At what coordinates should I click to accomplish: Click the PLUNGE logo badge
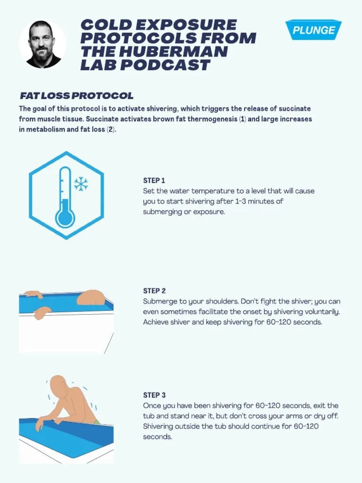coord(313,30)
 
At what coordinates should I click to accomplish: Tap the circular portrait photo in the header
coord(42,44)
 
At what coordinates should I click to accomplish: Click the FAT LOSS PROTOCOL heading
coord(76,96)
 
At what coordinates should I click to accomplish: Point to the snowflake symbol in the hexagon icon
coord(81,184)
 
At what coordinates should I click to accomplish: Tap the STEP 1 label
coord(154,181)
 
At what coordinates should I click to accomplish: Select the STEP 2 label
coord(154,291)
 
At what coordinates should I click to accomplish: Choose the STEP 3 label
coord(154,395)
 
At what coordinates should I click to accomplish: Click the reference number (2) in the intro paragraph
coord(110,130)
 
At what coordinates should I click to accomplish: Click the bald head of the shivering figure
coord(58,384)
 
